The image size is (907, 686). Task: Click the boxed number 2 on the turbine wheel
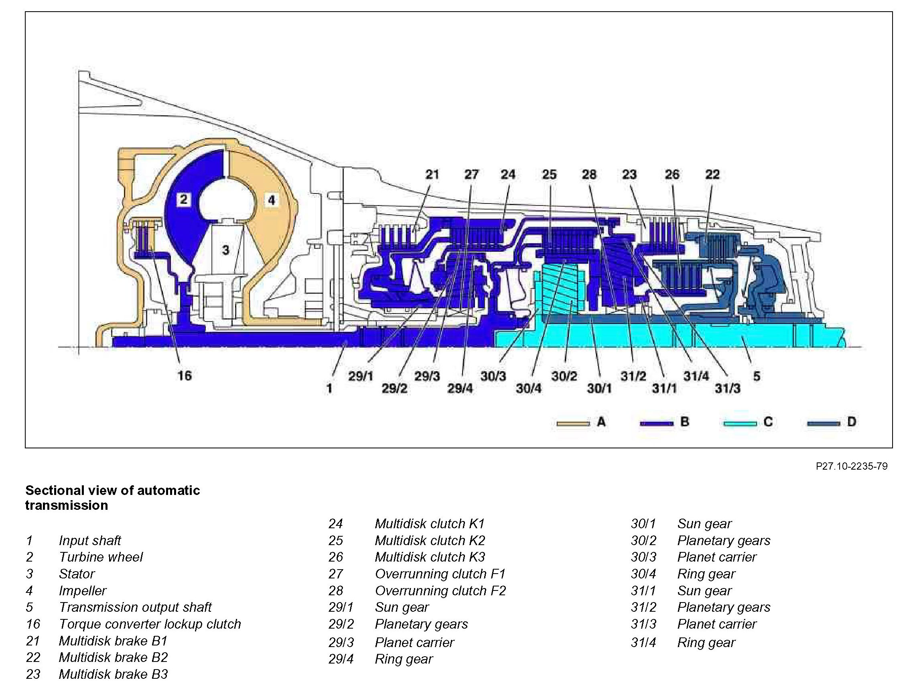click(x=183, y=199)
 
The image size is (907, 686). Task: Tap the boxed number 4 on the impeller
click(x=271, y=200)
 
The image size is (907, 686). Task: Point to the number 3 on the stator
click(x=225, y=249)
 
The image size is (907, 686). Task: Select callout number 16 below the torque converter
click(x=185, y=375)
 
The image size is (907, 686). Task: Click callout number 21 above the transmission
click(x=432, y=174)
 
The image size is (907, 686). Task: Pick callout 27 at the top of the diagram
click(x=471, y=174)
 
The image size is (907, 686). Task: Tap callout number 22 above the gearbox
click(x=712, y=174)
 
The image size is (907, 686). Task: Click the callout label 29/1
click(x=360, y=376)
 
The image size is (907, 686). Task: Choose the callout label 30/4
click(x=529, y=388)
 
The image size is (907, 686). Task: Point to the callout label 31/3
click(x=727, y=388)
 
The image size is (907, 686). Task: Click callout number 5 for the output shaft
click(x=757, y=376)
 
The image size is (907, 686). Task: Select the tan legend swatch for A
click(x=573, y=423)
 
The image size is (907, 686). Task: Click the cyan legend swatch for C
click(x=740, y=423)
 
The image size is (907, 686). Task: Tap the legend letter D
click(x=851, y=422)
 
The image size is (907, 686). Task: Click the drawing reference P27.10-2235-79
click(x=851, y=466)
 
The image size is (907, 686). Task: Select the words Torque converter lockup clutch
click(x=150, y=624)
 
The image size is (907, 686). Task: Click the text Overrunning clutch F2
click(x=440, y=590)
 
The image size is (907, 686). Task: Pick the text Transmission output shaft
click(x=135, y=607)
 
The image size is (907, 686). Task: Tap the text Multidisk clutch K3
click(x=430, y=557)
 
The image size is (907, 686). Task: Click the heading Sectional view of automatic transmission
click(x=112, y=498)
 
